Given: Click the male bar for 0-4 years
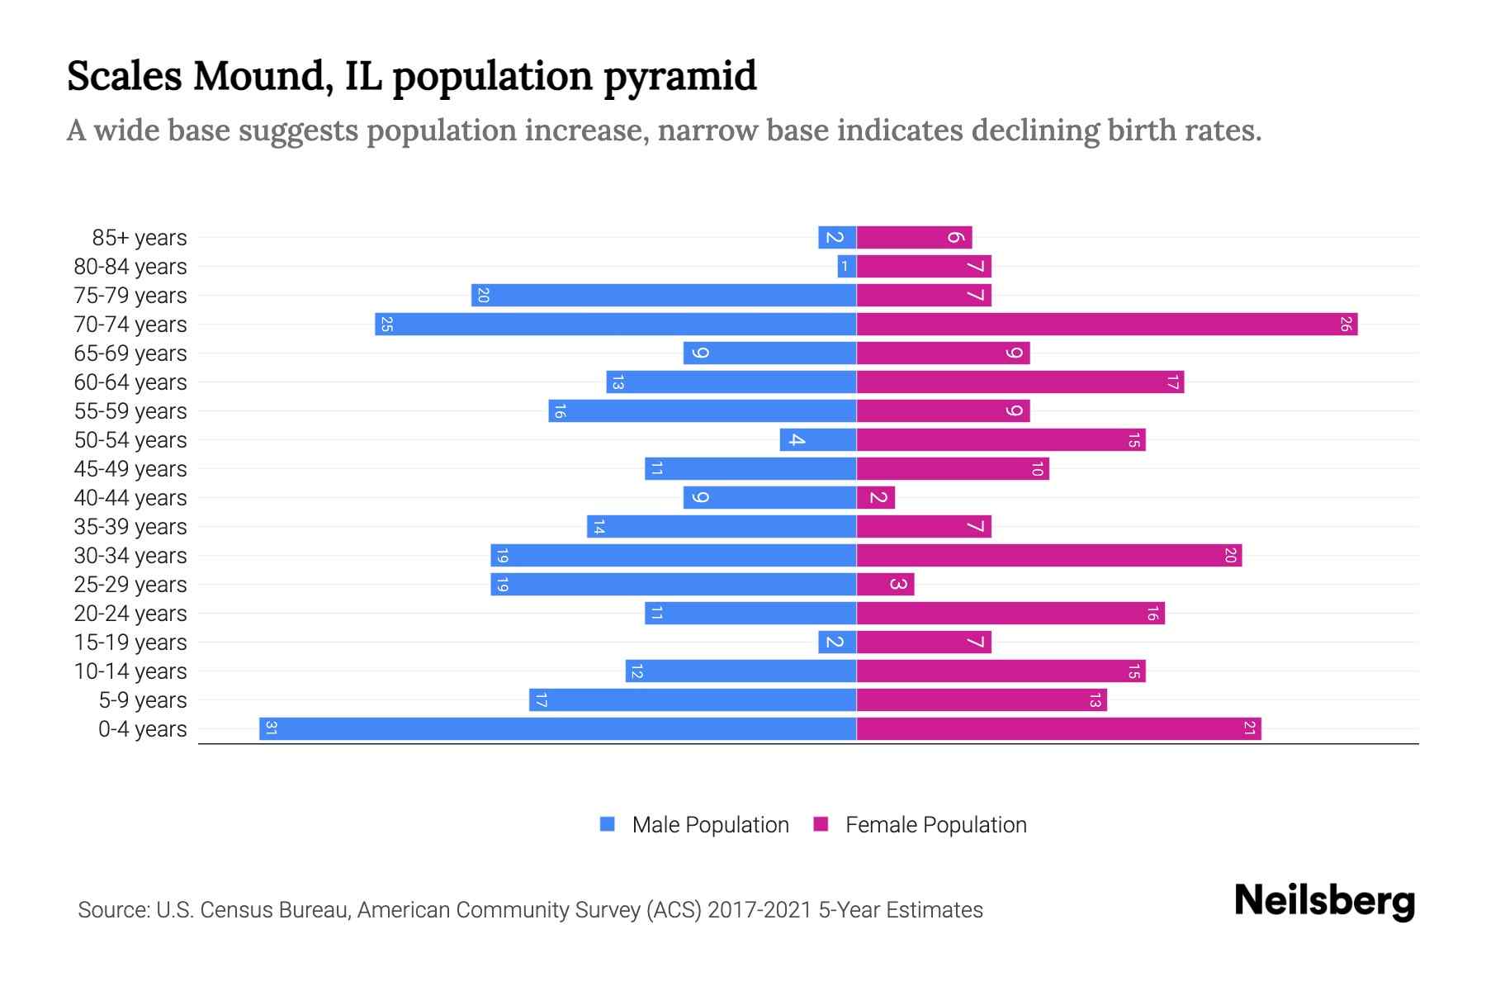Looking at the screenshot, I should tap(557, 728).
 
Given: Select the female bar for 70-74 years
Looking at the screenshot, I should tap(1106, 324).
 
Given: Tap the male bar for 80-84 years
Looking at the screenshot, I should tap(846, 266).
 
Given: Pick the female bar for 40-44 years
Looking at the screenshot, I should tap(876, 497).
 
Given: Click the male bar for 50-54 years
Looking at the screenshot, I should tap(817, 439).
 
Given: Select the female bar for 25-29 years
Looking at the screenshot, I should tap(885, 584).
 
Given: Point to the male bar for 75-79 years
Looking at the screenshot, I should tap(664, 295).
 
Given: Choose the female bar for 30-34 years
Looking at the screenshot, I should tap(1048, 555).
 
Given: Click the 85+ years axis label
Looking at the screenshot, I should tap(139, 238).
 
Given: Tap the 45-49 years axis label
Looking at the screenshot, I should tap(130, 469).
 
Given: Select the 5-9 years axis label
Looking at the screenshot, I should tap(142, 700).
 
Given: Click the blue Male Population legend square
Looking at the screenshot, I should tap(608, 824).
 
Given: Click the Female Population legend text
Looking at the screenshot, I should tap(935, 825).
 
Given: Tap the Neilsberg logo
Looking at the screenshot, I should tap(1324, 901).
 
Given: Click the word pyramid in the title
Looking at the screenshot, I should tap(679, 77).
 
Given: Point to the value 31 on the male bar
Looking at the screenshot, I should tap(271, 728).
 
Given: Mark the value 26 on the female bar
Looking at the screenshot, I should tap(1345, 324).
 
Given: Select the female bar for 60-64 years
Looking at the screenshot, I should tap(1020, 382).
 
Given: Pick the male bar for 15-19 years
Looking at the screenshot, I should tap(836, 642).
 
